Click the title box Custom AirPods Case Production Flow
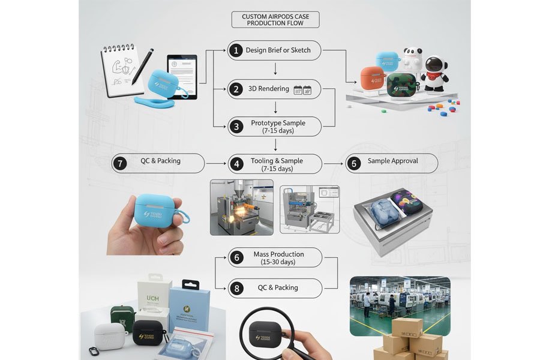[x=275, y=20]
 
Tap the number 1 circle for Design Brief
[x=236, y=50]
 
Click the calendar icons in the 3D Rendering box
[x=302, y=90]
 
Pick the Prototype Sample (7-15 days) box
[x=274, y=126]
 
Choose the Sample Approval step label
[x=392, y=161]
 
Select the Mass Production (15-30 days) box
[x=274, y=257]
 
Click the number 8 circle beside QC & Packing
[x=236, y=288]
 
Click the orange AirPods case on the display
[x=373, y=81]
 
